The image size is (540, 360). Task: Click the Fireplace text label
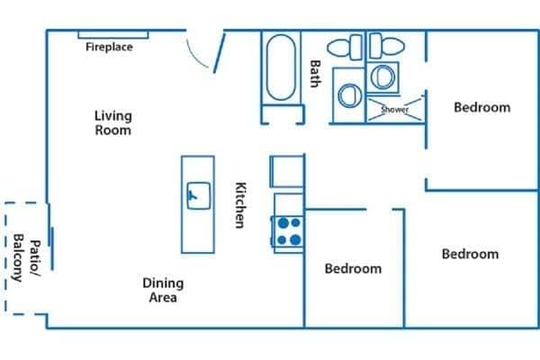tap(109, 47)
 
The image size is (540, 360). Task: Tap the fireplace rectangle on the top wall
tap(107, 35)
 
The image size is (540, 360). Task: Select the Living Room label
tap(113, 122)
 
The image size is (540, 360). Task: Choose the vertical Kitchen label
tap(240, 205)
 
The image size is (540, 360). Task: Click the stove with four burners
tap(288, 231)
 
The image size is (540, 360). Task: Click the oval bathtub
tap(282, 68)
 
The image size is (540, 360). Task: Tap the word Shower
tap(395, 110)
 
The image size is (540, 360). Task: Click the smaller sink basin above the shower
tap(383, 76)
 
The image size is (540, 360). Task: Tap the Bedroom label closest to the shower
tap(481, 107)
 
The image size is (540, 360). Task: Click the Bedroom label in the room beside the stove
tap(353, 268)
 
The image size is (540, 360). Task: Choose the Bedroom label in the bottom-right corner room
tap(470, 254)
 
